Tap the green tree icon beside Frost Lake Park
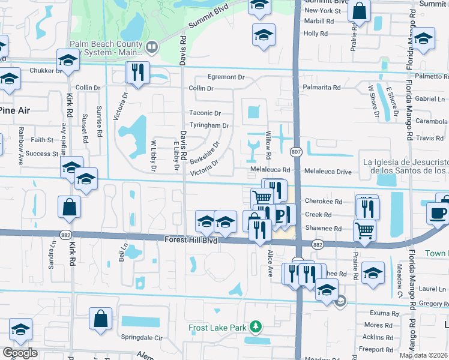pos(256,326)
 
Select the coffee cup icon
pos(438,213)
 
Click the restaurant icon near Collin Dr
pos(137,73)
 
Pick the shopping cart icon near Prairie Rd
pos(365,229)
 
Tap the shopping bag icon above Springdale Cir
pos(101,317)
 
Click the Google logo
pos(20,353)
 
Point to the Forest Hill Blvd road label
pos(191,239)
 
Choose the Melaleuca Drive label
pos(328,172)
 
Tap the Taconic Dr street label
pos(205,113)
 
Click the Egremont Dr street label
pos(226,77)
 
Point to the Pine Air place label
pos(14,110)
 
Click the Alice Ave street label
pos(270,263)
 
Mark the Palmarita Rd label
pos(321,88)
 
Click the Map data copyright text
pos(424,355)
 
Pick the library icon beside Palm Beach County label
pos(152,46)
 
